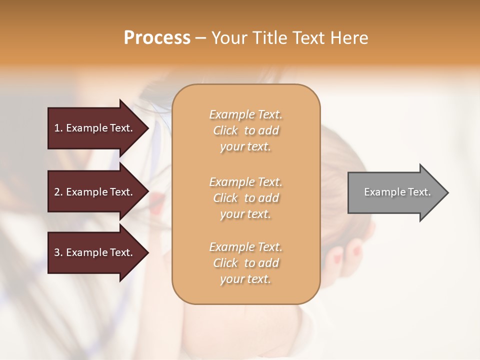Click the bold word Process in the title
point(157,38)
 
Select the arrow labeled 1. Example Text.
point(95,128)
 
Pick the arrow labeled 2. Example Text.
point(95,192)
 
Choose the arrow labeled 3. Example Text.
point(95,252)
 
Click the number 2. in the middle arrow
point(58,192)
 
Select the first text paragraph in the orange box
point(245,130)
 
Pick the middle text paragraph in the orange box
point(245,198)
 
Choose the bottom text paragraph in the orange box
point(245,263)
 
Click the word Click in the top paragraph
point(225,130)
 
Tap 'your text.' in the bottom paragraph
point(245,279)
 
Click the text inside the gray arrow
point(397,192)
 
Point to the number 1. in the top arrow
point(58,128)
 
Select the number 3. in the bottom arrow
point(58,252)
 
